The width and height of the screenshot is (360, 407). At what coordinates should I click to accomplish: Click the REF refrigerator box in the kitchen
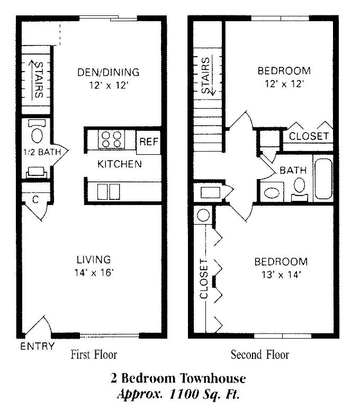(x=148, y=141)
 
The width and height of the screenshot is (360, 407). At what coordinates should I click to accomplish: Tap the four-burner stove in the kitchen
(x=111, y=139)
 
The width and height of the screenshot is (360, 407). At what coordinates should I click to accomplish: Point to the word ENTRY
(x=38, y=346)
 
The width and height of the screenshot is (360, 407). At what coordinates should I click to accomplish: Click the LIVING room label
(x=94, y=260)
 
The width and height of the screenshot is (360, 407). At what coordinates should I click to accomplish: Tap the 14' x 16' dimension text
(x=94, y=272)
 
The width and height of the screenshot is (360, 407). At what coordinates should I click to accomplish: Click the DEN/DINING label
(x=109, y=72)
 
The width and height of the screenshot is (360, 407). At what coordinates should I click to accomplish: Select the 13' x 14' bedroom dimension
(x=281, y=275)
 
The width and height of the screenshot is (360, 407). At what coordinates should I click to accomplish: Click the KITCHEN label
(x=120, y=164)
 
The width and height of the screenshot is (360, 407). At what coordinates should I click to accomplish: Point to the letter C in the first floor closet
(x=35, y=200)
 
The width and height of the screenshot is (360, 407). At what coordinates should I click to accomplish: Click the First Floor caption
(x=94, y=355)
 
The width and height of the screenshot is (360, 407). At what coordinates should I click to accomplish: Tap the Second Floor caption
(x=260, y=355)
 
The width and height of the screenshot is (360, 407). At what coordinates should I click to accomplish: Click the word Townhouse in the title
(x=213, y=378)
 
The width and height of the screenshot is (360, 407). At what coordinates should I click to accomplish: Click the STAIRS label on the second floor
(x=205, y=75)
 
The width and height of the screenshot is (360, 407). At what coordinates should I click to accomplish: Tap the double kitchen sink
(x=109, y=192)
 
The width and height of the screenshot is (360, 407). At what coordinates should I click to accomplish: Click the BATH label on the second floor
(x=293, y=170)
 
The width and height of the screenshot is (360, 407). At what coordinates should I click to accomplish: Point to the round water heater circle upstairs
(x=203, y=215)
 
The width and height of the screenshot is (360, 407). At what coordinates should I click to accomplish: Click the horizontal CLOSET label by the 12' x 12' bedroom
(x=309, y=136)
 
